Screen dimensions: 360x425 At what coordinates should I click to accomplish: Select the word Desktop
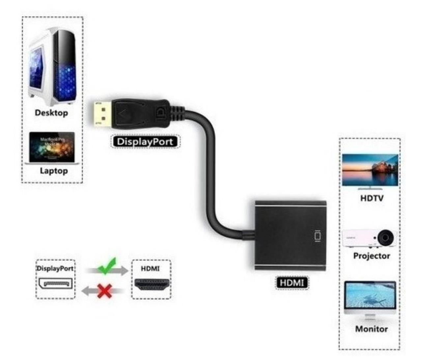click(51, 113)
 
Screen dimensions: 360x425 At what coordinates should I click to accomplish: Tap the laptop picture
click(52, 148)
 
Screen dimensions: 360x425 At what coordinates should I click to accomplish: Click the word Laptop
click(54, 171)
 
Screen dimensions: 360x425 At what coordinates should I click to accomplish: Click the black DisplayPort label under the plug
click(145, 142)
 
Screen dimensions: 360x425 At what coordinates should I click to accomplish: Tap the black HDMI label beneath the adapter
click(292, 283)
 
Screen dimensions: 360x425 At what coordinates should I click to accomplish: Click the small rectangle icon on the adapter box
click(317, 236)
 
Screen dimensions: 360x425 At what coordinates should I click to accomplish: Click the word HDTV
click(372, 198)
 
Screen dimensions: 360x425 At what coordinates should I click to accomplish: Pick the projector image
click(368, 238)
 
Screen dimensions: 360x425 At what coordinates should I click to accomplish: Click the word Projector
click(372, 256)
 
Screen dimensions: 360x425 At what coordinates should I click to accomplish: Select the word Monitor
click(371, 329)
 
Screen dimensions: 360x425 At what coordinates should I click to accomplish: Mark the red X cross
click(105, 291)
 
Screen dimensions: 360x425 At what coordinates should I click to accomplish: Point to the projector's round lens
click(385, 237)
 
